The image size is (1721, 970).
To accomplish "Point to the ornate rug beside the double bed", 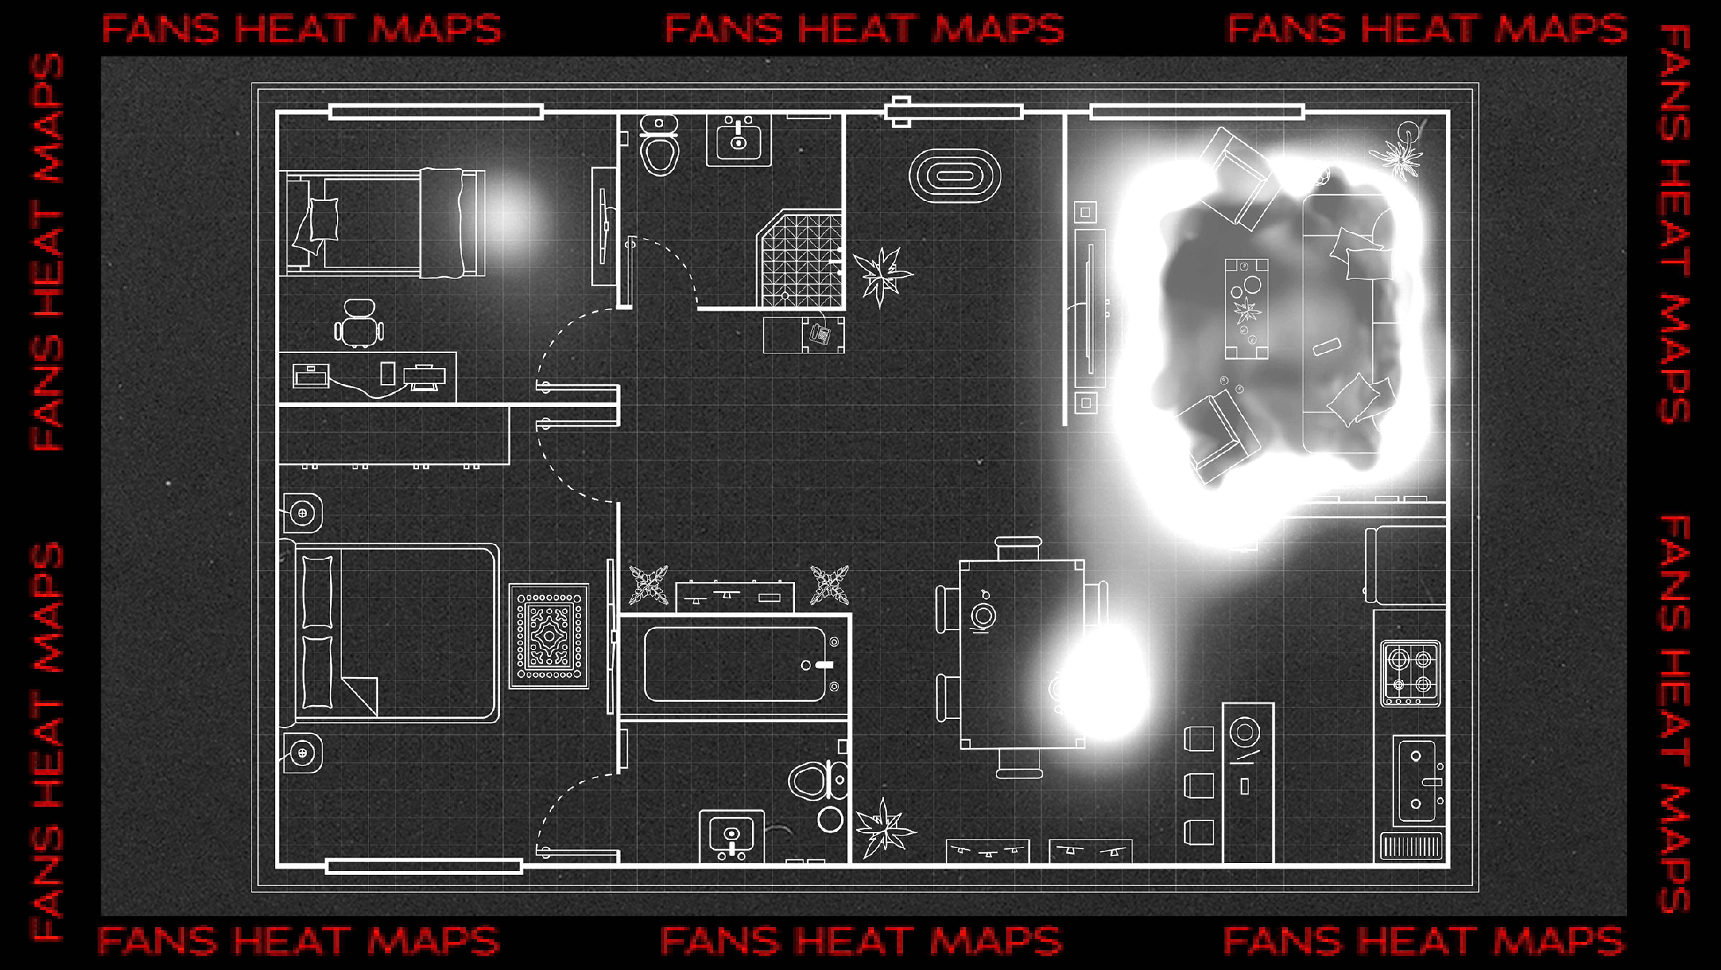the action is pos(549,636).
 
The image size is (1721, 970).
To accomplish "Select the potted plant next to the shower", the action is pos(882,274).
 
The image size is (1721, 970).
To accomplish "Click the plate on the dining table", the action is pos(983,615).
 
